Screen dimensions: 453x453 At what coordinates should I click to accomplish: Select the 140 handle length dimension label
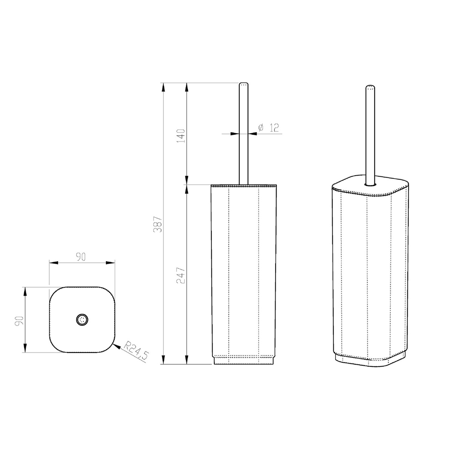pyautogui.click(x=181, y=136)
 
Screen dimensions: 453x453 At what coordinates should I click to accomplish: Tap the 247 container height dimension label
pyautogui.click(x=181, y=275)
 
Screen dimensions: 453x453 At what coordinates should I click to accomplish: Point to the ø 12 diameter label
pyautogui.click(x=268, y=128)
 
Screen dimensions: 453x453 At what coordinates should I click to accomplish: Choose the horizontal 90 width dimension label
pyautogui.click(x=81, y=257)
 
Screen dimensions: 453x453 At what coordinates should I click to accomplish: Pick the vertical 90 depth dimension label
pyautogui.click(x=19, y=321)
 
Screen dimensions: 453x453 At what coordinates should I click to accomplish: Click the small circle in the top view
pyautogui.click(x=82, y=319)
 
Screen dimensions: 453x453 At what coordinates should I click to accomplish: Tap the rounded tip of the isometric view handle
pyautogui.click(x=370, y=87)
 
